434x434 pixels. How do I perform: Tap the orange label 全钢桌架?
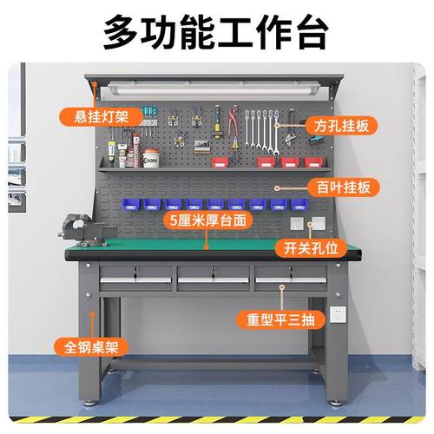(89, 346)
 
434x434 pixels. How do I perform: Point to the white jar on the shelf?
(151, 160)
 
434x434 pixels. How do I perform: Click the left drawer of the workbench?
(135, 278)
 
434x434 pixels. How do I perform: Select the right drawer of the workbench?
(291, 278)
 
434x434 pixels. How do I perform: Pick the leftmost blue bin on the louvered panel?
(130, 205)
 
